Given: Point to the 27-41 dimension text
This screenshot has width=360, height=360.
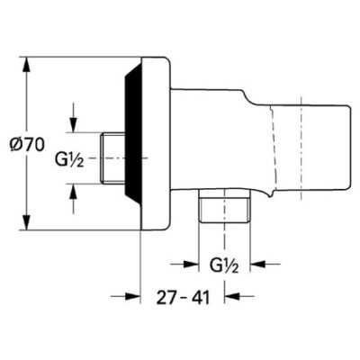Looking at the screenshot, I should (184, 296).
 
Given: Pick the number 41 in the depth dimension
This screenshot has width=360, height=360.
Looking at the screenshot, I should (202, 296).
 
